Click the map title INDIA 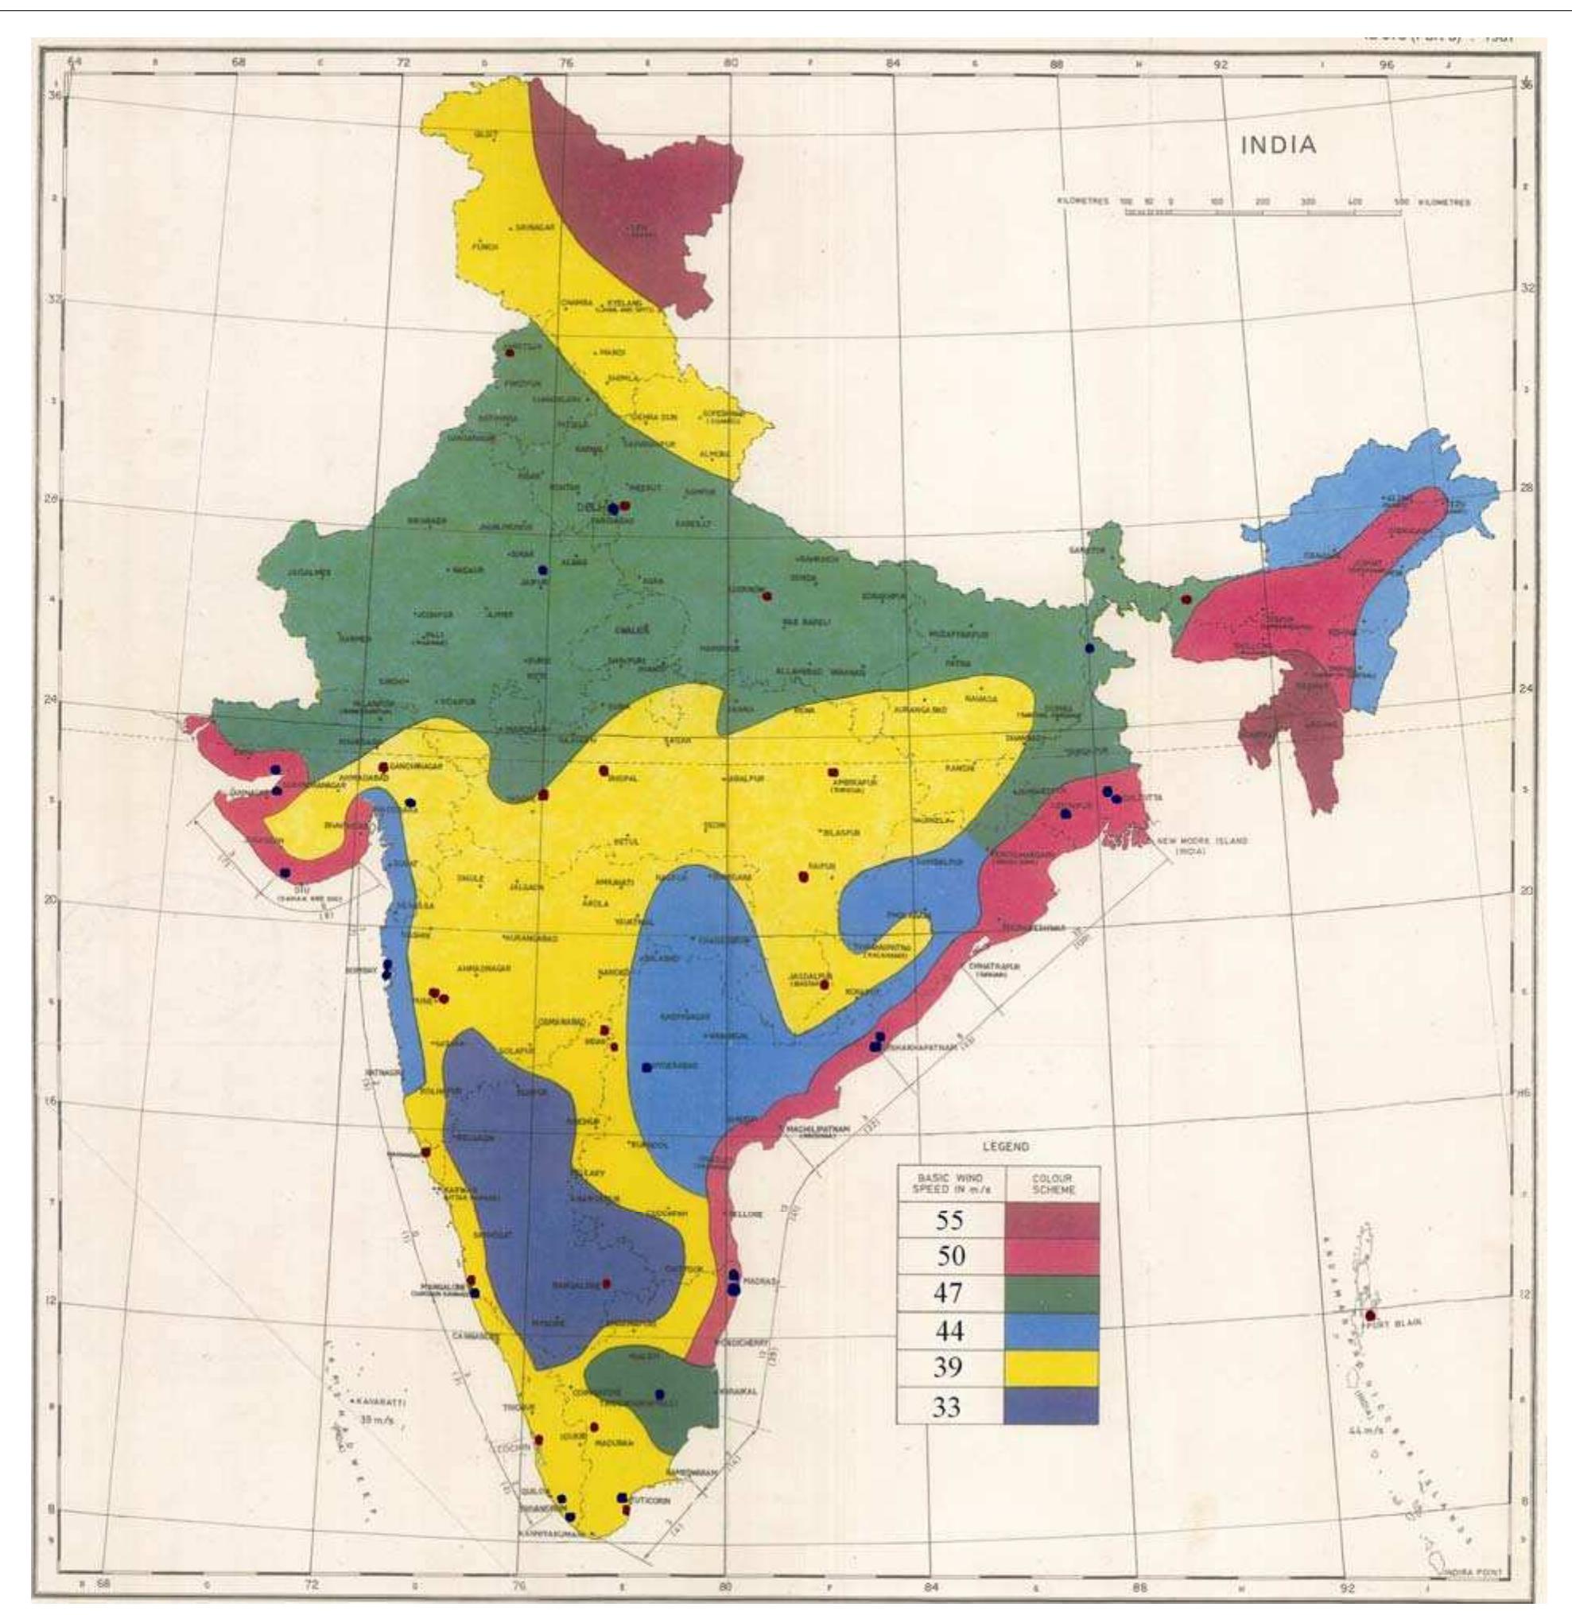coord(1278,146)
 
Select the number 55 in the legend coord(949,1220)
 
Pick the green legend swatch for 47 coord(1052,1293)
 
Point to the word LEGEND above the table coord(1005,1146)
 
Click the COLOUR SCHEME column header coord(1052,1184)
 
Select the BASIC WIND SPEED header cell coord(950,1184)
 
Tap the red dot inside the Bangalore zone coord(607,1283)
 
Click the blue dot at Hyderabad coord(646,1067)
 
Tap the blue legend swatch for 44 coord(1052,1330)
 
